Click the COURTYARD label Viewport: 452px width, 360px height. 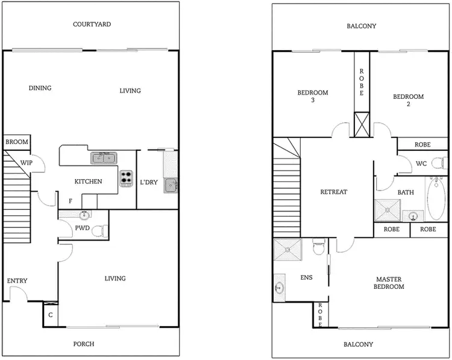point(92,25)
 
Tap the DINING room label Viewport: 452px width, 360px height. point(40,88)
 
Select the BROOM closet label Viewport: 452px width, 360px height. point(17,142)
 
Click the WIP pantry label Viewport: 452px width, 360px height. point(27,163)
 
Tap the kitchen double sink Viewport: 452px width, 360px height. point(104,159)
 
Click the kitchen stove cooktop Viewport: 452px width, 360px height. point(127,178)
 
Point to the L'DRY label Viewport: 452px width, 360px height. point(148,182)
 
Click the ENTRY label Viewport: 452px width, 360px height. point(17,281)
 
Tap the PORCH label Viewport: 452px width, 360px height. point(83,344)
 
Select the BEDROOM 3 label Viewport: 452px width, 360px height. point(313,96)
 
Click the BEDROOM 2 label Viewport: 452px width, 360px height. point(408,100)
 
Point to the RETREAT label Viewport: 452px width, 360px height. point(333,192)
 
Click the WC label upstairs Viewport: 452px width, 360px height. point(422,163)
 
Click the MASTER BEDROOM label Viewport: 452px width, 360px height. point(389,283)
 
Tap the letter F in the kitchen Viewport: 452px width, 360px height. point(71,201)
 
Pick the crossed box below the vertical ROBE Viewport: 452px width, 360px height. point(362,124)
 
